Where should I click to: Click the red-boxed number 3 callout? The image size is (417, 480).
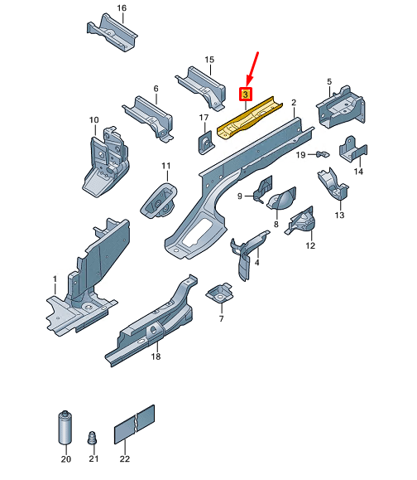[x=246, y=95]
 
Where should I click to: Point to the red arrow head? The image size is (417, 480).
[x=249, y=81]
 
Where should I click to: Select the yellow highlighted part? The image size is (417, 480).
[x=250, y=118]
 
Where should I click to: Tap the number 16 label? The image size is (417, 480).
[x=122, y=8]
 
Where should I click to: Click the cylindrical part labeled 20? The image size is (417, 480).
[x=65, y=428]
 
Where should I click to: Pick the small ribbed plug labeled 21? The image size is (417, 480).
[x=93, y=438]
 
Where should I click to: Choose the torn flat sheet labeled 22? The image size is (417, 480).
[x=134, y=424]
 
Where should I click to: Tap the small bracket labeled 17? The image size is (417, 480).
[x=206, y=143]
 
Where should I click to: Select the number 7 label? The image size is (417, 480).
[x=221, y=318]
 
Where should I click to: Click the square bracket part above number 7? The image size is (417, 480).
[x=220, y=293]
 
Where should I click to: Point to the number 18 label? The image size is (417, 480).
[x=156, y=356]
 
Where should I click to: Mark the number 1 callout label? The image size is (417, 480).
[x=55, y=279]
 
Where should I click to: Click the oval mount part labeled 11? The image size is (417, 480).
[x=159, y=201]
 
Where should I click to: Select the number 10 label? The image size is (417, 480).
[x=94, y=120]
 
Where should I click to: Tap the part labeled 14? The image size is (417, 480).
[x=352, y=150]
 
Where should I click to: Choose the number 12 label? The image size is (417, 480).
[x=310, y=245]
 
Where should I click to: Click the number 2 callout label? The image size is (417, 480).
[x=294, y=102]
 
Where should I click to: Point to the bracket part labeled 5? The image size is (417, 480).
[x=341, y=107]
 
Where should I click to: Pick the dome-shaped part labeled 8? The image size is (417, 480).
[x=281, y=199]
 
